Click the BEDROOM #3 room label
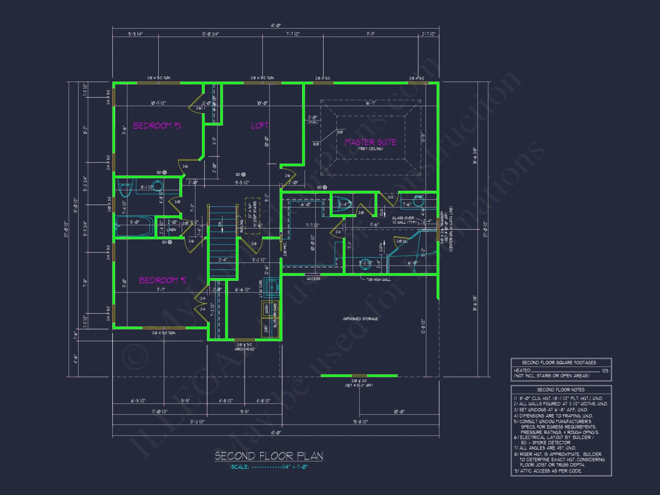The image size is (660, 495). click(x=157, y=126)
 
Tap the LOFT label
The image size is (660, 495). click(x=259, y=126)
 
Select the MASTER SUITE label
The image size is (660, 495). click(x=370, y=142)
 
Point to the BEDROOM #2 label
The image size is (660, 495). click(x=162, y=280)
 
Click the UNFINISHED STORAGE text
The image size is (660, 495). click(x=360, y=319)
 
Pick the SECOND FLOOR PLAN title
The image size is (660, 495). click(x=269, y=456)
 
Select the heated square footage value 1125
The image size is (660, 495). click(x=605, y=371)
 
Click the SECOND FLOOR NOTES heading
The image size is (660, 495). click(x=561, y=390)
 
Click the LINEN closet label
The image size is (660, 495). click(x=171, y=230)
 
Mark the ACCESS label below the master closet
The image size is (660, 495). click(x=313, y=279)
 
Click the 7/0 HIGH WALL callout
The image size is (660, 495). click(x=379, y=280)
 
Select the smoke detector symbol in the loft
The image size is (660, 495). click(x=244, y=175)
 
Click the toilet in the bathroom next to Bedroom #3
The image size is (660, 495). click(x=125, y=189)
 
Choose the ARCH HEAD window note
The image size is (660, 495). click(x=245, y=349)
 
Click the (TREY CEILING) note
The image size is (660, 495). click(x=370, y=149)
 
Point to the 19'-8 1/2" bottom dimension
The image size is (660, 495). click(x=360, y=422)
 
